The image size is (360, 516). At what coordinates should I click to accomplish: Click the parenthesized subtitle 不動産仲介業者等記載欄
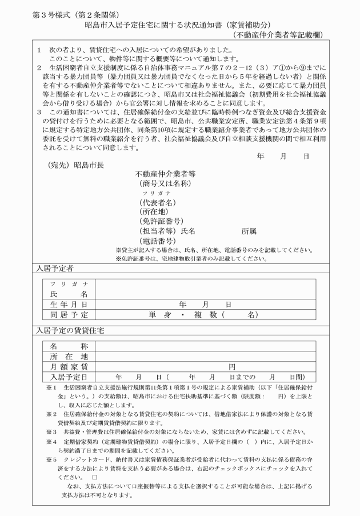click(278, 35)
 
